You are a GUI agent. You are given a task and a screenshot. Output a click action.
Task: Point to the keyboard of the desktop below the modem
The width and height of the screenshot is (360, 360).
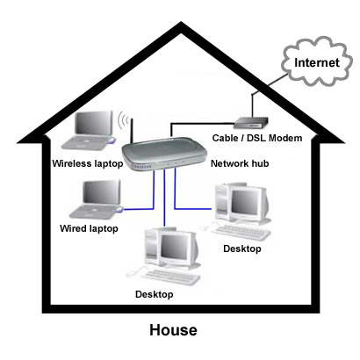[248, 231]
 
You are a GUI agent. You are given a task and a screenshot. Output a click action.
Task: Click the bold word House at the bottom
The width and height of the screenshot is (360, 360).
[173, 330]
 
